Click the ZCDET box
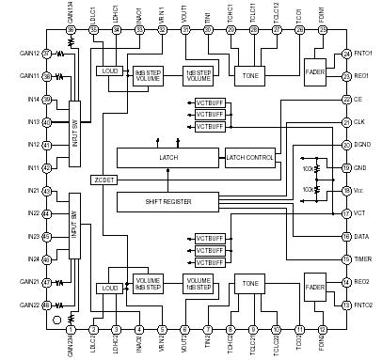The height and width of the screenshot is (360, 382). click(103, 179)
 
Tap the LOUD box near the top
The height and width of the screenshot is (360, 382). click(108, 70)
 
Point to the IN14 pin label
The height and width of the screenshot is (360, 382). click(32, 99)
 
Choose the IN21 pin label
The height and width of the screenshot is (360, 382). click(32, 191)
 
